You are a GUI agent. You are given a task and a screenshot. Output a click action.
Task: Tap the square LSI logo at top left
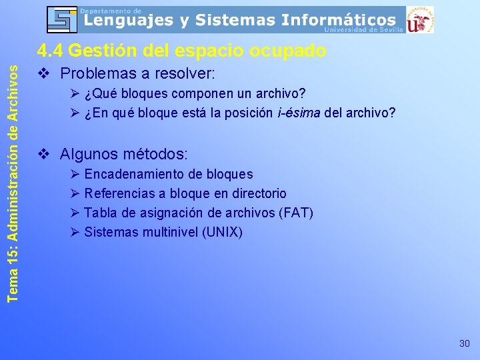tap(62, 19)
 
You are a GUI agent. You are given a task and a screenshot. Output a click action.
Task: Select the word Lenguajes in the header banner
tap(127, 20)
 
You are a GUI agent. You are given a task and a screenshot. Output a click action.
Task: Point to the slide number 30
tap(465, 343)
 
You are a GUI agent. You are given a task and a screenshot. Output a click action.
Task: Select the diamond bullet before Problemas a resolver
tap(44, 73)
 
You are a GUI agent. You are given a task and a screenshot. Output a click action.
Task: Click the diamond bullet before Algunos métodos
tap(44, 154)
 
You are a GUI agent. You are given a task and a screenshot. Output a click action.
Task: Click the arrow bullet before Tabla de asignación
tap(75, 213)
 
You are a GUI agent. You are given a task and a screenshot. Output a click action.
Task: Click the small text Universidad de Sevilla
tap(364, 29)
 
